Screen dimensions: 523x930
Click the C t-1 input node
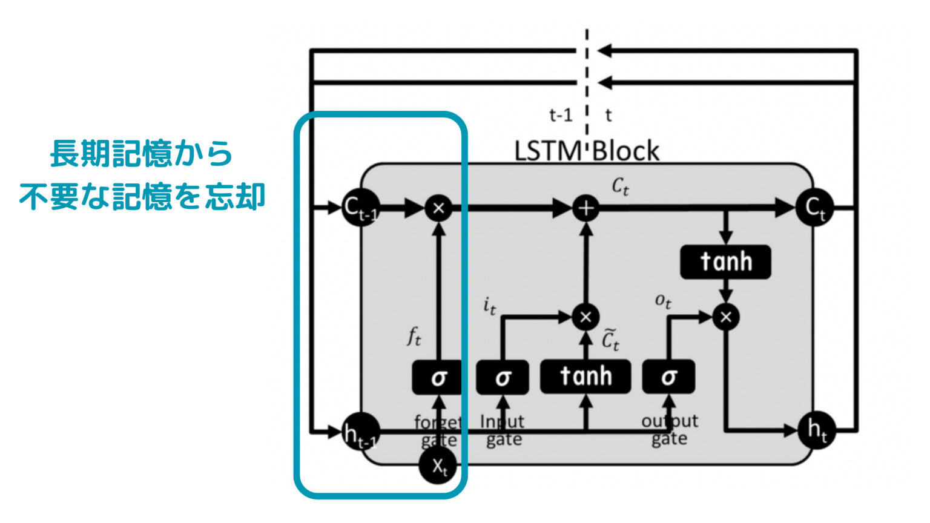point(360,208)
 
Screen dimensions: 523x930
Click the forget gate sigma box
point(438,377)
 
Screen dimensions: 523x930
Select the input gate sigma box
point(503,377)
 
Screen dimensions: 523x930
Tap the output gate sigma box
point(668,377)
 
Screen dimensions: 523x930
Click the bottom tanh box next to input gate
point(585,377)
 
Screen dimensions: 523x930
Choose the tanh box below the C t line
point(725,262)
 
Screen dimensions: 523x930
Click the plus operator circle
point(585,208)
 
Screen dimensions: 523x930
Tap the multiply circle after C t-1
point(439,208)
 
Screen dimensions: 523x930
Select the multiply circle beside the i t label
point(585,317)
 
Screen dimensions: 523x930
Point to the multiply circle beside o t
point(726,317)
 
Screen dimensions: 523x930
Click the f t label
point(414,335)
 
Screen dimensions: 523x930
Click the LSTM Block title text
point(586,151)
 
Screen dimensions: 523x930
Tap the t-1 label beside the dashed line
point(561,114)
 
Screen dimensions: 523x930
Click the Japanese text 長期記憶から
point(141,154)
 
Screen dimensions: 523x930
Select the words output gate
point(670,430)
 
